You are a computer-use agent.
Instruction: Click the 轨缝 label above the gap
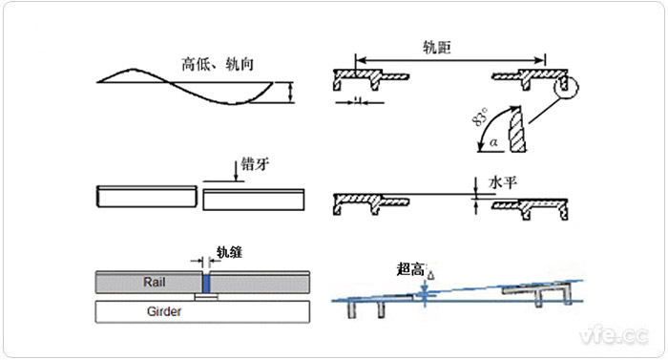pyautogui.click(x=230, y=252)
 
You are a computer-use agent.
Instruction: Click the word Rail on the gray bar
pyautogui.click(x=155, y=283)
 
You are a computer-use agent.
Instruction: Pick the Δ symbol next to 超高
pyautogui.click(x=431, y=275)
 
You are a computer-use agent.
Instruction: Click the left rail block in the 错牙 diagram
pyautogui.click(x=147, y=197)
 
